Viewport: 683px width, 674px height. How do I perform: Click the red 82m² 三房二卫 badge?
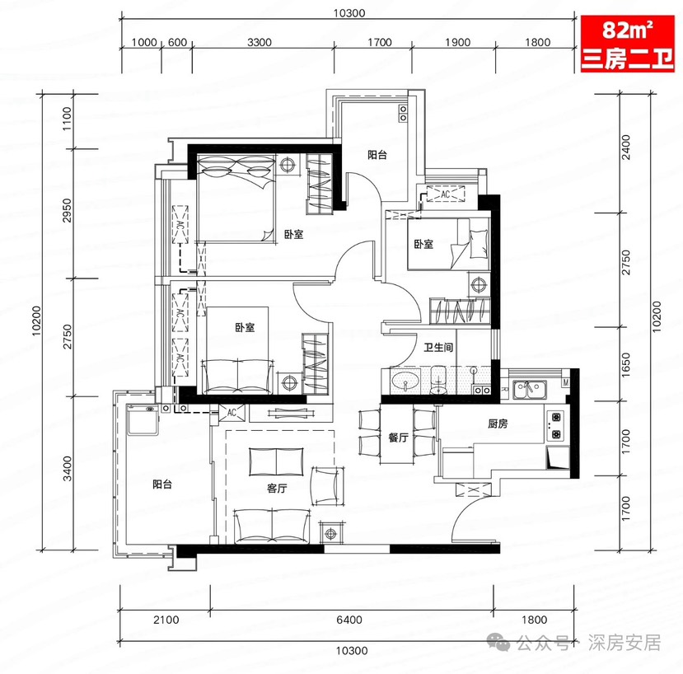click(628, 44)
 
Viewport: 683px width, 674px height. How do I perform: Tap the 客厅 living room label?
click(277, 489)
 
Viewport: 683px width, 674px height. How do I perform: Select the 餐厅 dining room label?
click(398, 438)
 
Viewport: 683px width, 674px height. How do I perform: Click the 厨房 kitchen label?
click(498, 424)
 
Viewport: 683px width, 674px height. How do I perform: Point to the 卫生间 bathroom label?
click(438, 347)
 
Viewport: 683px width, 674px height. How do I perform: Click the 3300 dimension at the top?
click(260, 42)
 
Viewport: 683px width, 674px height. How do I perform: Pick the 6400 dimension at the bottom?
click(349, 620)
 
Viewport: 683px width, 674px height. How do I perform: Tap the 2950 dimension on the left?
click(67, 210)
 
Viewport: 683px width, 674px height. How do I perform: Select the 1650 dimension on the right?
click(625, 365)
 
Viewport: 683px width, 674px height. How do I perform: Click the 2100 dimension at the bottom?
click(166, 620)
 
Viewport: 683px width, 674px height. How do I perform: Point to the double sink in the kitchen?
click(529, 390)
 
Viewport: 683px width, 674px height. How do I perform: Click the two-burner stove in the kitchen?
click(556, 426)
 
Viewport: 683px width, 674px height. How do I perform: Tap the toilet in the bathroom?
click(438, 380)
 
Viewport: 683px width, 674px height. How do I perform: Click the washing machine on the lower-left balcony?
click(143, 420)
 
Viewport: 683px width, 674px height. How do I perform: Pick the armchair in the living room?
click(327, 486)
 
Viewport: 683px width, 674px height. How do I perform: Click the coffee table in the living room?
click(277, 461)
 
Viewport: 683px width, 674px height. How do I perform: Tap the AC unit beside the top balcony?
click(445, 194)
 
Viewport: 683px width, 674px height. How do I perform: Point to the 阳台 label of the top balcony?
click(377, 155)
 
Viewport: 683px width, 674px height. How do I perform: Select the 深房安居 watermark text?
click(625, 643)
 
